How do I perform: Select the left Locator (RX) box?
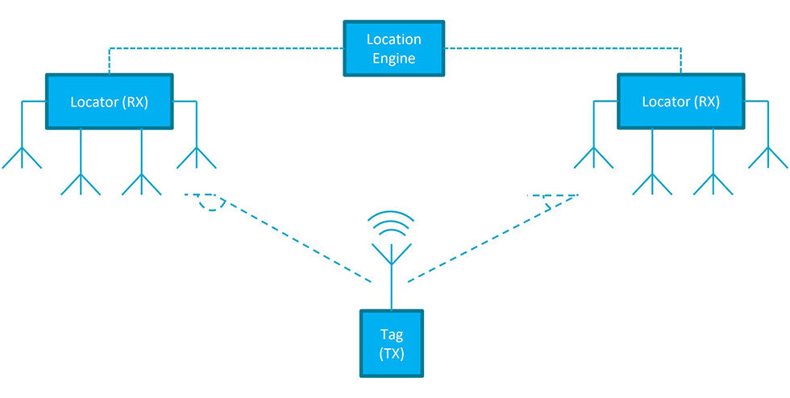click(109, 102)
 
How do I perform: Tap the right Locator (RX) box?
click(680, 102)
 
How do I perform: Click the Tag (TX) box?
click(393, 343)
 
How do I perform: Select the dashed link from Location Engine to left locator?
click(226, 48)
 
